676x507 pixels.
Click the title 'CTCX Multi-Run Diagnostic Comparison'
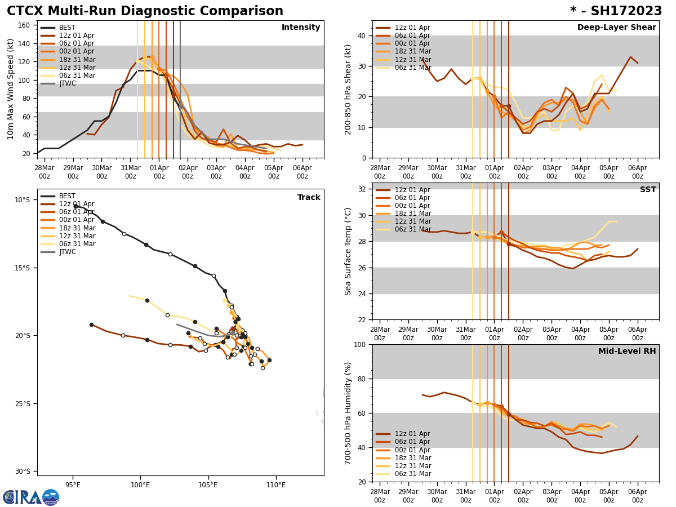tap(145, 11)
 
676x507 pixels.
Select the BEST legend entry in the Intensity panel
tap(67, 28)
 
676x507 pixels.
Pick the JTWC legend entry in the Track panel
tap(67, 252)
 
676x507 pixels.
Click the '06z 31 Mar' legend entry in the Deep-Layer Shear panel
tap(412, 68)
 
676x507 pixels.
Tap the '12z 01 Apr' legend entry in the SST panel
tap(412, 190)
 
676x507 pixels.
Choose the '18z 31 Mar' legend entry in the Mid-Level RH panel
tap(412, 458)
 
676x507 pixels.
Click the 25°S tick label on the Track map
tap(23, 403)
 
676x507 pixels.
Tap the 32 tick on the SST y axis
tap(362, 189)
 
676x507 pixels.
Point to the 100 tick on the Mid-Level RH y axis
tap(360, 344)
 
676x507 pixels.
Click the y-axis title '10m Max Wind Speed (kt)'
tap(10, 89)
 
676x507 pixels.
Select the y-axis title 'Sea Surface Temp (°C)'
tap(348, 251)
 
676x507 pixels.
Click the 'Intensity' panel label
tap(301, 28)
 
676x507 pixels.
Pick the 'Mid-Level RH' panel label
tap(627, 352)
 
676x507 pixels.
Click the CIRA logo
tap(31, 497)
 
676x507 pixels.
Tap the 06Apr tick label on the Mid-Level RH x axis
tap(637, 492)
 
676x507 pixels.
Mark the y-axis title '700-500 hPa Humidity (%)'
tap(348, 413)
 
